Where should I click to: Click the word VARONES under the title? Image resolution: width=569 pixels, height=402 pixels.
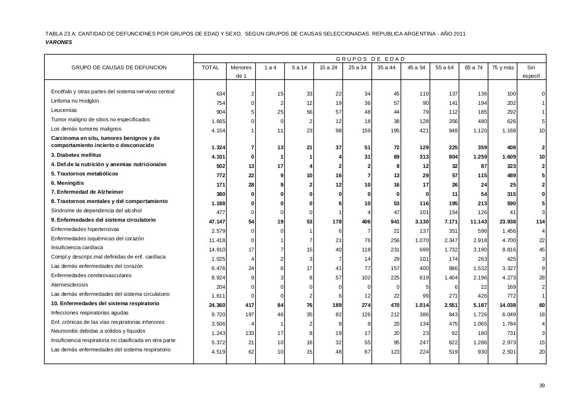pyautogui.click(x=59, y=42)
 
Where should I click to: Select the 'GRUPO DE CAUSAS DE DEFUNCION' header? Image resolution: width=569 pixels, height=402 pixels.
pyautogui.click(x=119, y=68)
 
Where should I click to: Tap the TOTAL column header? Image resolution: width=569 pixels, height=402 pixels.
pyautogui.click(x=210, y=68)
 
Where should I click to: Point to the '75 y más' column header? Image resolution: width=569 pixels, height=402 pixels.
pyautogui.click(x=503, y=68)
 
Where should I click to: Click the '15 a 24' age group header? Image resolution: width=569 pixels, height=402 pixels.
pyautogui.click(x=328, y=68)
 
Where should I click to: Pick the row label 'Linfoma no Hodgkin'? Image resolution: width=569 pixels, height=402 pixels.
pyautogui.click(x=75, y=101)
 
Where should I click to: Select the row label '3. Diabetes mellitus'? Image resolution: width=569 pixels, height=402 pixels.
pyautogui.click(x=76, y=155)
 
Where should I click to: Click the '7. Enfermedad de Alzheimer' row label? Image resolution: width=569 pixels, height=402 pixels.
pyautogui.click(x=87, y=192)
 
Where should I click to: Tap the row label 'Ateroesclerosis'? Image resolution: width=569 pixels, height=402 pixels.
pyautogui.click(x=69, y=285)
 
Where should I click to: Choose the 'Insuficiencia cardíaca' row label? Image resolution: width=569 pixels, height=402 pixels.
pyautogui.click(x=77, y=247)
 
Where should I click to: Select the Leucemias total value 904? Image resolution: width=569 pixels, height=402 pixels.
pyautogui.click(x=220, y=112)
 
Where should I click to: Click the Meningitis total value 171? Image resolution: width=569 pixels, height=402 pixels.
pyautogui.click(x=220, y=184)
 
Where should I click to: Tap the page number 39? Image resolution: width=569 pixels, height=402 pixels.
pyautogui.click(x=542, y=386)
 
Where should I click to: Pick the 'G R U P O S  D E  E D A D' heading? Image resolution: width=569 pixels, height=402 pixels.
pyautogui.click(x=370, y=59)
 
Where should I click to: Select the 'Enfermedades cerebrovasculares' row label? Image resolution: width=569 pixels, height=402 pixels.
pyautogui.click(x=91, y=275)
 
